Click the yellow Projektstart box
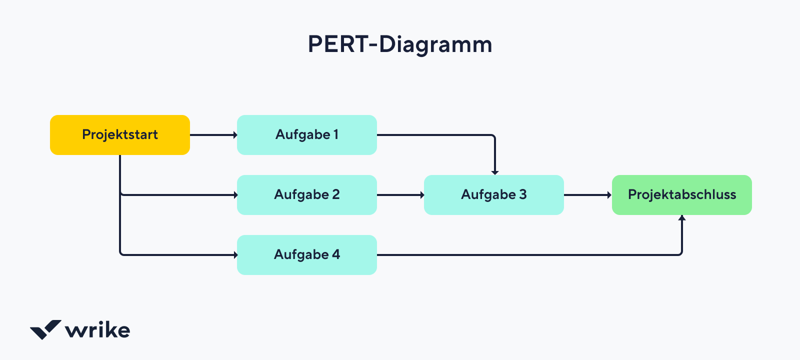[120, 135]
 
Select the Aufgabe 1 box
[306, 135]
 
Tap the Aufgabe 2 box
[306, 195]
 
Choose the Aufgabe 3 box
[493, 195]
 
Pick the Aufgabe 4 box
[306, 255]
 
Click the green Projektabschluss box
[681, 195]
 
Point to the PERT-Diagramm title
[400, 44]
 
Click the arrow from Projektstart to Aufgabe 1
[212, 135]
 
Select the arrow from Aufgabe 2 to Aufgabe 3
[399, 195]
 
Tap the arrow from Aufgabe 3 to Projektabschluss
[587, 195]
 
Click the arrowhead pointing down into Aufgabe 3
[495, 172]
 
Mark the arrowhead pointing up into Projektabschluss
[681, 218]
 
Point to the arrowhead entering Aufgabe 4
[235, 255]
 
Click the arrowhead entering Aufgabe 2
[235, 195]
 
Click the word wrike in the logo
[97, 330]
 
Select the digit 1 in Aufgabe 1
[336, 134]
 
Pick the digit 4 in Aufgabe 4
[336, 254]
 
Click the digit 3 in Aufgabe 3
[523, 194]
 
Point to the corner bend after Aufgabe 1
[493, 136]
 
